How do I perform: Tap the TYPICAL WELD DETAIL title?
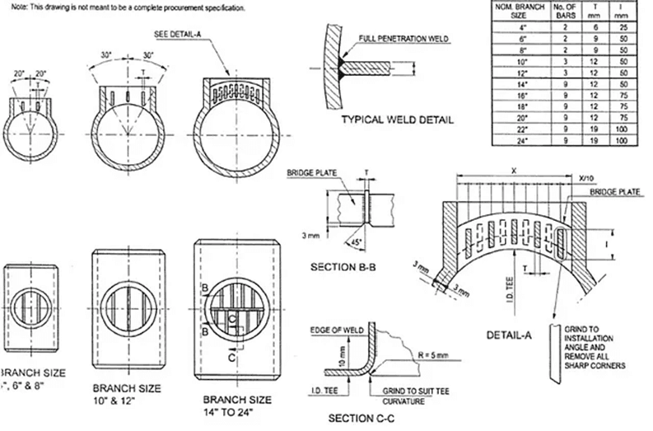click(x=397, y=119)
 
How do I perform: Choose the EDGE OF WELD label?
click(x=332, y=330)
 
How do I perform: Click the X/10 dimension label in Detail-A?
click(x=587, y=178)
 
